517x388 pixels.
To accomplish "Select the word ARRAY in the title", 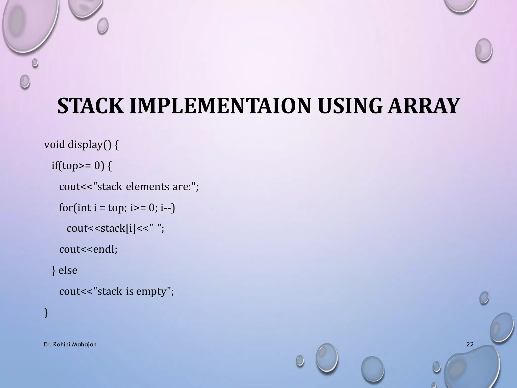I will tap(423, 106).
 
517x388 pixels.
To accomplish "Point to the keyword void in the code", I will tap(54, 145).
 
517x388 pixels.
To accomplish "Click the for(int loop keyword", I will tap(75, 208).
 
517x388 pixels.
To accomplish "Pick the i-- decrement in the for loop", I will tap(168, 208).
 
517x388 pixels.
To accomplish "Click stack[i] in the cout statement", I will tap(118, 229).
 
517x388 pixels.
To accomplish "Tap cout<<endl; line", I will tap(88, 250).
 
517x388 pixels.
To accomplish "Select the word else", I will tap(68, 271).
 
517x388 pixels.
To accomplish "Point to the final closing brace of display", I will tap(46, 313).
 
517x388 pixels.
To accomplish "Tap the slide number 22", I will tap(470, 344).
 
